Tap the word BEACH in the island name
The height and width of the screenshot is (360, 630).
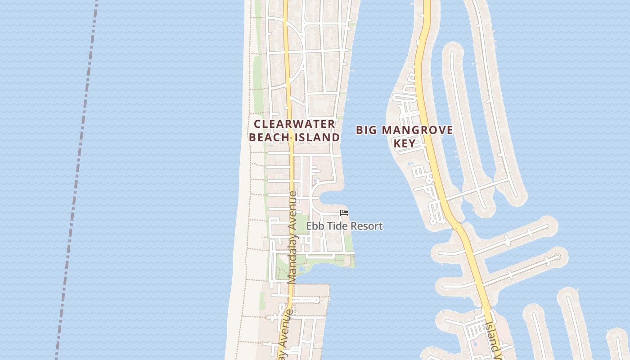[265, 137]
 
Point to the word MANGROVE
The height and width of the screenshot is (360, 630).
[417, 130]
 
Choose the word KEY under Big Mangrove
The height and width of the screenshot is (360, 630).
[404, 144]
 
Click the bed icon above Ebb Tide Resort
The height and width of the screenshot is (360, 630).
[344, 212]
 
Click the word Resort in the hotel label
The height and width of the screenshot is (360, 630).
[366, 226]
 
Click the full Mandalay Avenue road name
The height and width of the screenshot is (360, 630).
[292, 237]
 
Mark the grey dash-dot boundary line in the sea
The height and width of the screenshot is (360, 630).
[76, 180]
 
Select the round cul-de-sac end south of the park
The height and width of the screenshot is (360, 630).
[317, 300]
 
